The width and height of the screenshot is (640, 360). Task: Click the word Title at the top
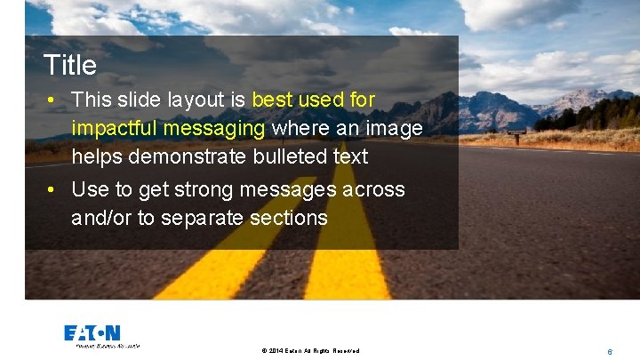70,65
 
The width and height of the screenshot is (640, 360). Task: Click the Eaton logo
92,334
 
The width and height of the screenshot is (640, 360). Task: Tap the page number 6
609,351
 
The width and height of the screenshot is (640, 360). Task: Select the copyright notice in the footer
310,351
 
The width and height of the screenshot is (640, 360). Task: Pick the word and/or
101,218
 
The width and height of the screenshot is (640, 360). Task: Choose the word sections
289,218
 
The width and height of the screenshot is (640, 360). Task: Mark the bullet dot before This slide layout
54,100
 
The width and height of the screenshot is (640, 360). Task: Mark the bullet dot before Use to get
54,189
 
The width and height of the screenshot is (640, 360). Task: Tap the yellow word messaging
222,128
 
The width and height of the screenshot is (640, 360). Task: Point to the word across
373,189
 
